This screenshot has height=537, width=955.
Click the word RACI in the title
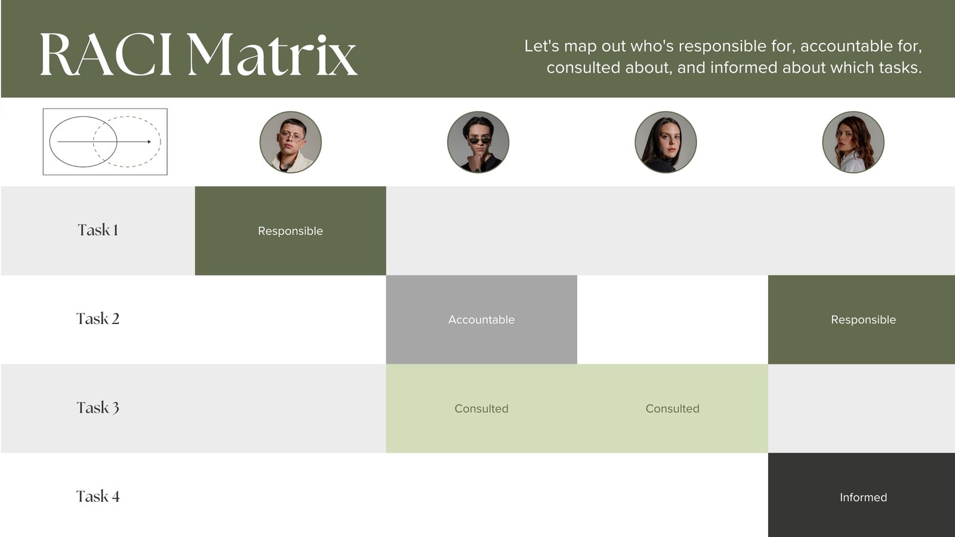pyautogui.click(x=106, y=54)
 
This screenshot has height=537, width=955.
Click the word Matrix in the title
pyautogui.click(x=272, y=54)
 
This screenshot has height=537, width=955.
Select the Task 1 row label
pyautogui.click(x=98, y=230)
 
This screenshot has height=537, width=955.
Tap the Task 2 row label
pyautogui.click(x=98, y=319)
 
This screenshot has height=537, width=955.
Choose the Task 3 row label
pyautogui.click(x=98, y=408)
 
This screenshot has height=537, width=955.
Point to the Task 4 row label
pyautogui.click(x=98, y=496)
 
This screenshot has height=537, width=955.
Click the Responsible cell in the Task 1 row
pyautogui.click(x=290, y=230)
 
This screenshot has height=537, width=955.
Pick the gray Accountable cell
pyautogui.click(x=481, y=320)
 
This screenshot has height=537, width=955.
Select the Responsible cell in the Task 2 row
pyautogui.click(x=862, y=320)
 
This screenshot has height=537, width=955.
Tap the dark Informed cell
pyautogui.click(x=862, y=495)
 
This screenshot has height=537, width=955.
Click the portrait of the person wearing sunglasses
pyautogui.click(x=478, y=142)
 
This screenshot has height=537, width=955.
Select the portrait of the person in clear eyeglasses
pyautogui.click(x=290, y=142)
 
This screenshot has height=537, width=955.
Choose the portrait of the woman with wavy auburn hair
pyautogui.click(x=853, y=142)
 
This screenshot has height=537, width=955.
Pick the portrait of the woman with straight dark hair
pyautogui.click(x=666, y=142)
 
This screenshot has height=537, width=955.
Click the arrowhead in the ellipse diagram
pyautogui.click(x=149, y=141)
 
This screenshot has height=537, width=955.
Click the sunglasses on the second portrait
pyautogui.click(x=480, y=140)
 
